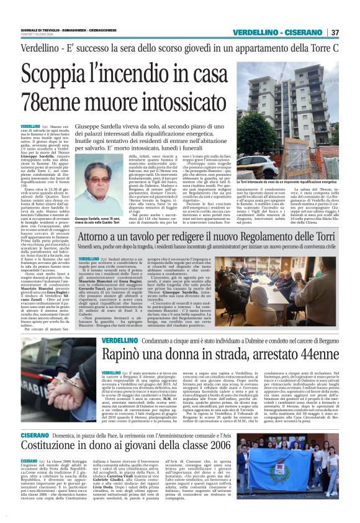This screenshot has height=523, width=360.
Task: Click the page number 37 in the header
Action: (x=335, y=32)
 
